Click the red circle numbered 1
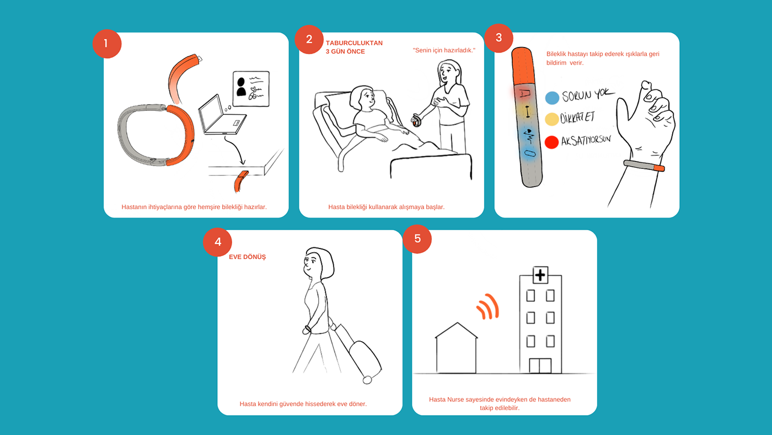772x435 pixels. tap(107, 44)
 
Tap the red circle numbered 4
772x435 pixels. tap(217, 242)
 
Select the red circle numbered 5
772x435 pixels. tap(417, 238)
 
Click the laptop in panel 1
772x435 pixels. tap(222, 115)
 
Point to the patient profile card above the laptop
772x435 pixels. tap(251, 89)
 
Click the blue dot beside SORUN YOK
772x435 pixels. tap(552, 98)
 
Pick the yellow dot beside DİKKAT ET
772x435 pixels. tap(551, 119)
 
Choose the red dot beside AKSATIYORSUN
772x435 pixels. tap(551, 142)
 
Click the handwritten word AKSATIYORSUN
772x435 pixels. tap(586, 140)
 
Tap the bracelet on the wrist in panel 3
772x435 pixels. tap(644, 166)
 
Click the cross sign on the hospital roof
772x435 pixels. tap(540, 275)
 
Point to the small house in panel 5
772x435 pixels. tap(457, 348)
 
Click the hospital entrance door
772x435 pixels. tap(540, 365)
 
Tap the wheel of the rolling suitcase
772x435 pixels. tap(367, 380)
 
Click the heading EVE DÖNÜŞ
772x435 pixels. tap(248, 257)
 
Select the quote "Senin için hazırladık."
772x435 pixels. tap(444, 50)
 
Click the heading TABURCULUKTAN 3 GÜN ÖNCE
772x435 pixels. tap(354, 47)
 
